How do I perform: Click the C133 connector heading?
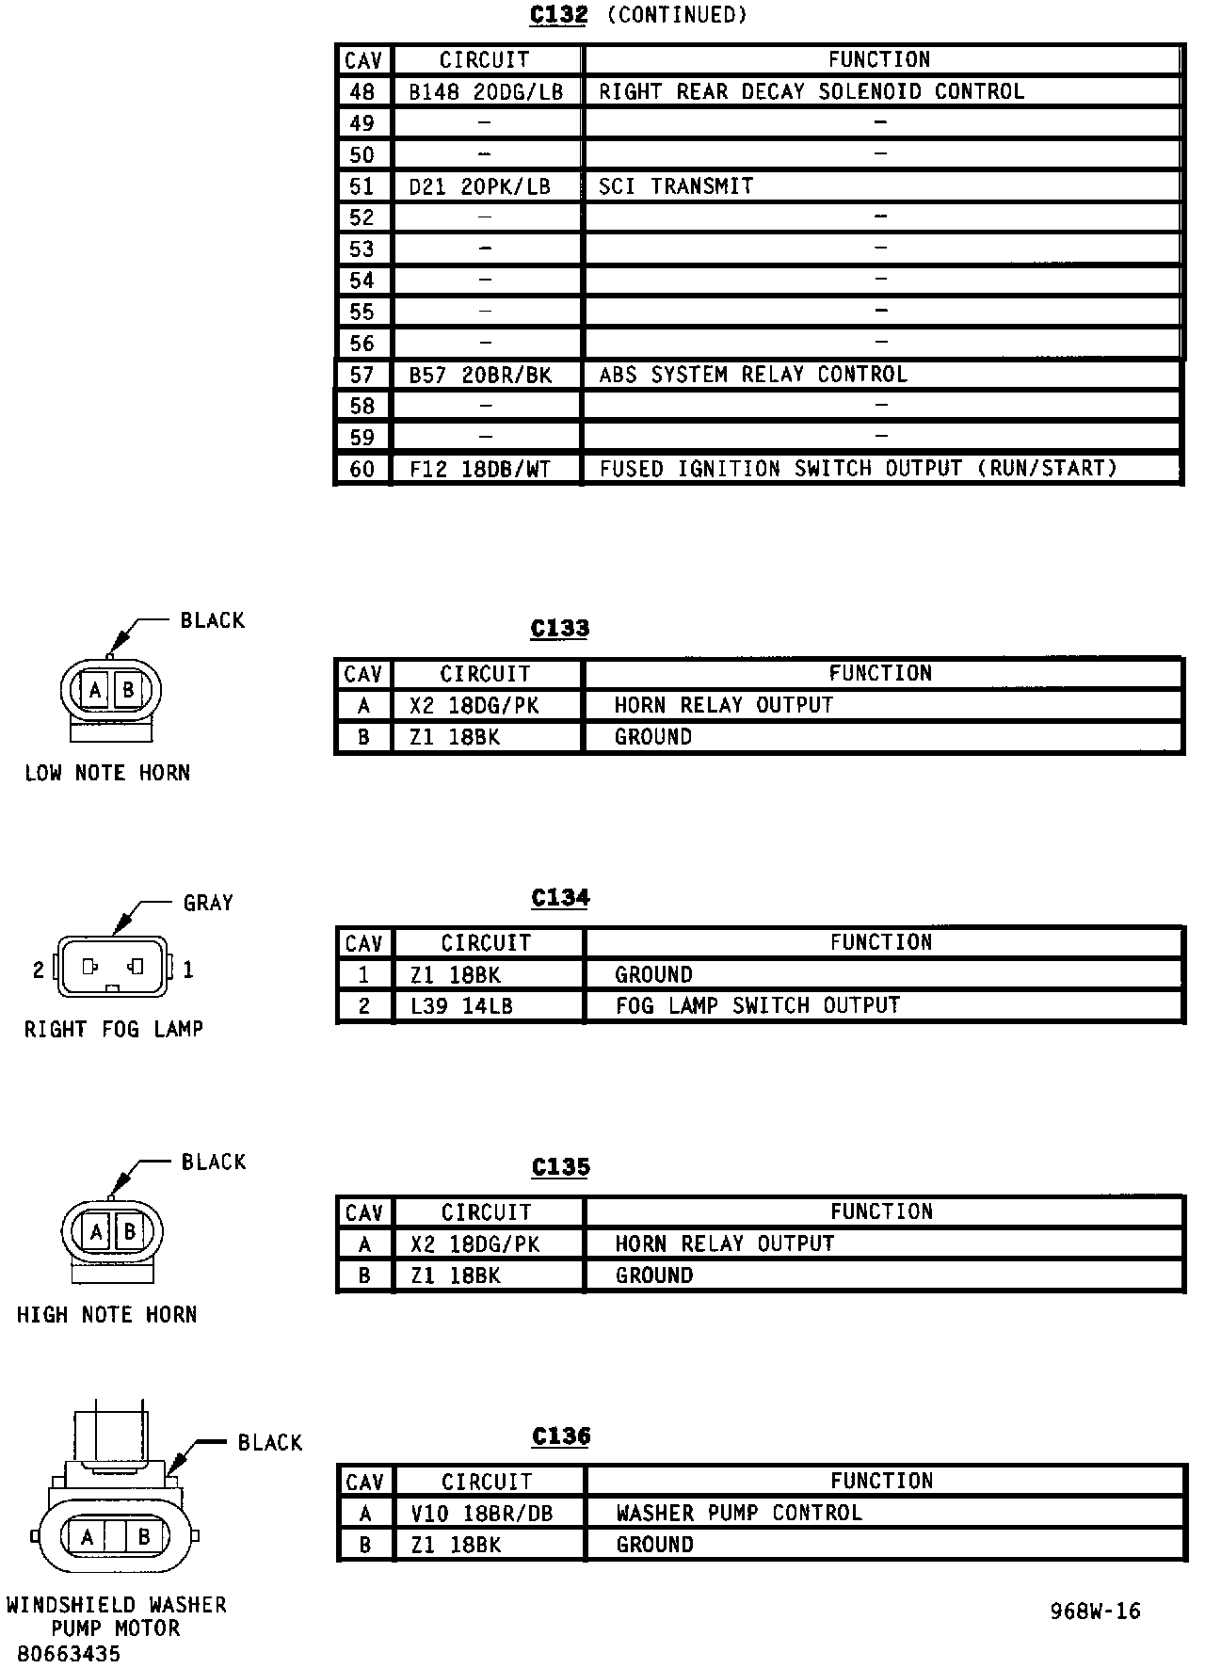coord(560,629)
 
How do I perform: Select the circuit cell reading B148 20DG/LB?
coord(486,91)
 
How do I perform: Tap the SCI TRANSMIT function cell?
coord(676,186)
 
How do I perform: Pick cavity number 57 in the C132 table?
coord(362,375)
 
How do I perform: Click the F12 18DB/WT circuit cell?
coord(480,469)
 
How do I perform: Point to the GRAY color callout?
coord(208,903)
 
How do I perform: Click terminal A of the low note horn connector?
coord(95,691)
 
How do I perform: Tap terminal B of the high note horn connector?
coord(129,1231)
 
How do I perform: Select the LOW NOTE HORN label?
coord(107,773)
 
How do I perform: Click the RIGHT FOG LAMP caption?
coord(114,1029)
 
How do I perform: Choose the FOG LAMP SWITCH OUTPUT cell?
coord(758,1005)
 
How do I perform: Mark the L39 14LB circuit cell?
coord(461,1006)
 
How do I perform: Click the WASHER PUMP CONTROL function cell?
coord(739,1513)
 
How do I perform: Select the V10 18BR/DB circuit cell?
coord(482,1514)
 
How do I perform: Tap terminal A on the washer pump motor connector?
coord(88,1537)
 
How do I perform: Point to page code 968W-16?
coord(1095,1612)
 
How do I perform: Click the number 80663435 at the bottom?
coord(69,1654)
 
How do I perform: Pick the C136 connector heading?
coord(561,1436)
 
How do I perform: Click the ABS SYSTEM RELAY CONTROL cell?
coord(753,375)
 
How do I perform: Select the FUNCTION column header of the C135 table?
coord(881,1211)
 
